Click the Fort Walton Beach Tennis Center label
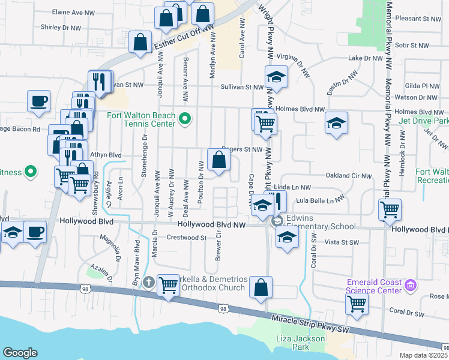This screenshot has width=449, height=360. point(141,120)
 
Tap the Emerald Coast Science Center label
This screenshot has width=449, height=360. point(373,286)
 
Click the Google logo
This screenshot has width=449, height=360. point(20,353)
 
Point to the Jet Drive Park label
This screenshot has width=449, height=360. point(424,121)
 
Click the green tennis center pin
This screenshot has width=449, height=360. point(185,119)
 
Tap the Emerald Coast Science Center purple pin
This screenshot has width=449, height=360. point(411,284)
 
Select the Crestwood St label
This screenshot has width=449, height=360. point(187,238)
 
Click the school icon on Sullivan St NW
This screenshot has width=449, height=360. point(276,76)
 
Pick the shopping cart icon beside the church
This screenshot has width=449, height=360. point(169,285)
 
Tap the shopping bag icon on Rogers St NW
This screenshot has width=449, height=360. point(219,160)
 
